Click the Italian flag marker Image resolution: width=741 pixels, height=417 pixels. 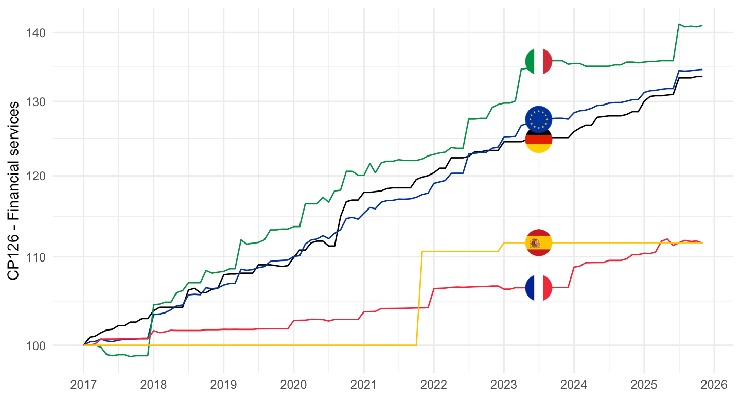(538, 62)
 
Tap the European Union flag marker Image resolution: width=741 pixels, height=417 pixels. (538, 119)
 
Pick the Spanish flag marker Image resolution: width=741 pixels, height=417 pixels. (538, 242)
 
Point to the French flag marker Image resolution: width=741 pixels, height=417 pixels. (538, 287)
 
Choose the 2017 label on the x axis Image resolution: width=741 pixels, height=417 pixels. (83, 385)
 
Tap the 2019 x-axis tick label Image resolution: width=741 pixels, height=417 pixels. (223, 385)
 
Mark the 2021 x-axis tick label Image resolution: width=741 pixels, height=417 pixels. (364, 385)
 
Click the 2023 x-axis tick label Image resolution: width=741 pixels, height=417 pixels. (504, 385)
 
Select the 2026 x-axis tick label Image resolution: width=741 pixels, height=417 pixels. (714, 385)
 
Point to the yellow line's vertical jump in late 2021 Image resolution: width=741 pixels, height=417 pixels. (419, 299)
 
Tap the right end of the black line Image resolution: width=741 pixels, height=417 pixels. (702, 77)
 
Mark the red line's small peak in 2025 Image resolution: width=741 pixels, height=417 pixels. (667, 239)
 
